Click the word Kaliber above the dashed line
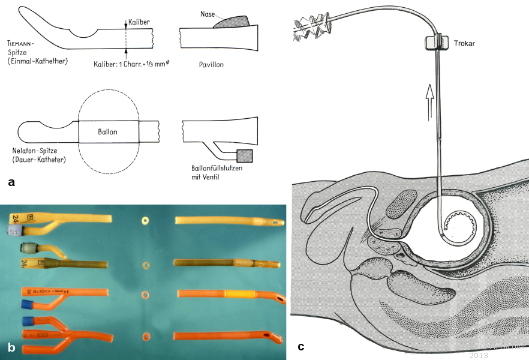[139, 22]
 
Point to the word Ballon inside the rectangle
[109, 131]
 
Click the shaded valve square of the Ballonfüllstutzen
[245, 156]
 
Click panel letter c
[300, 346]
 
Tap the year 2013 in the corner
[479, 355]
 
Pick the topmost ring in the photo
[145, 221]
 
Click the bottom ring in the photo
[145, 338]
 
